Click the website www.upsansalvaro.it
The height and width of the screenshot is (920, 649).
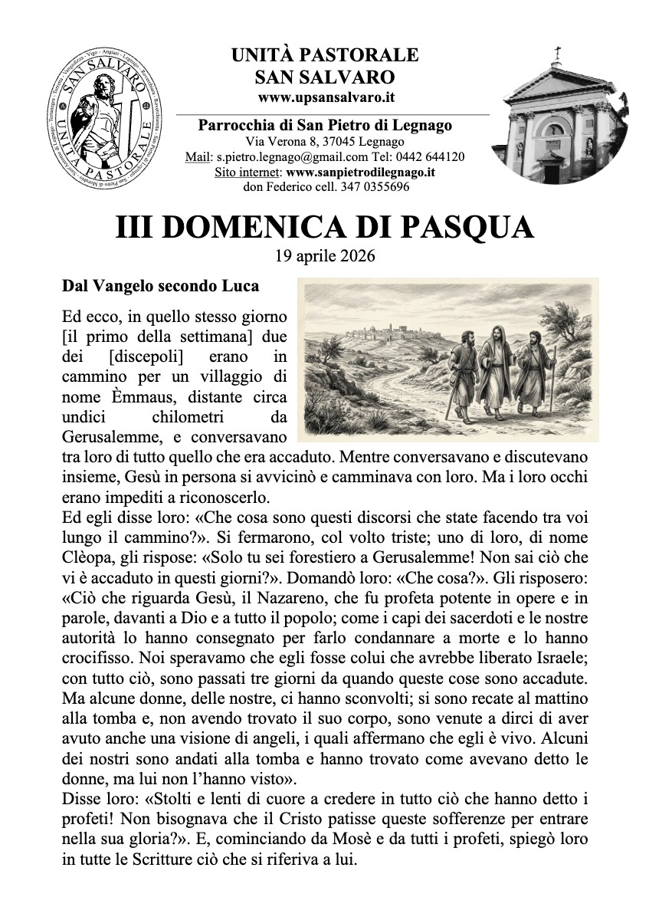tap(326, 97)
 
